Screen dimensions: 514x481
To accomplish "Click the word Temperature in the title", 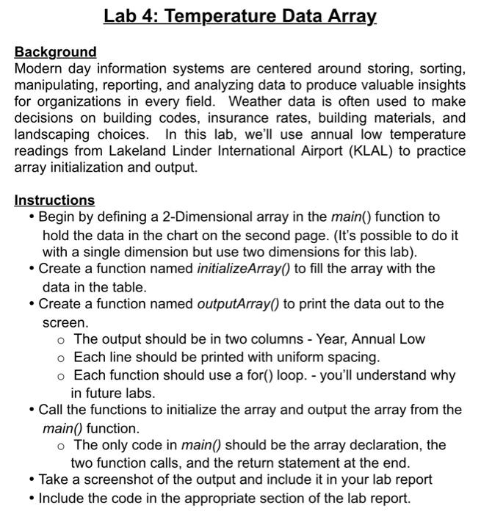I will (221, 15).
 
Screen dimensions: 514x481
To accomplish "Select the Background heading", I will (56, 52).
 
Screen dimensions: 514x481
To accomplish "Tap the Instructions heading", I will (55, 200).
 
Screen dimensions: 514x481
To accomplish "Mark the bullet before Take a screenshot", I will (31, 480).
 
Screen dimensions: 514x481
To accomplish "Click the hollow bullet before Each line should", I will (61, 358).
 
